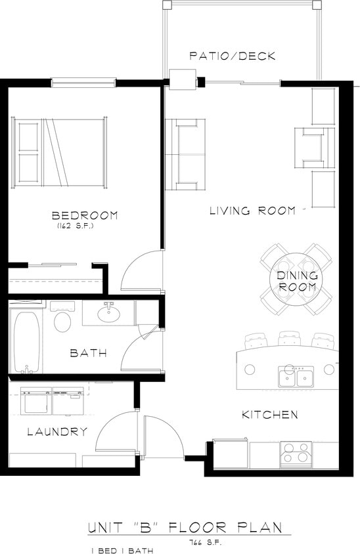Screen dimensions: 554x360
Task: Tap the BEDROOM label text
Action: point(85,215)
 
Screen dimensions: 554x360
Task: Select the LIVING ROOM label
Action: point(252,211)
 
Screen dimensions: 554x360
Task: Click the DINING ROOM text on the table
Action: point(297,282)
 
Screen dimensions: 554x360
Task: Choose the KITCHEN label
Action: point(270,415)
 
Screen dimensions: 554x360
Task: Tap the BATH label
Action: point(89,353)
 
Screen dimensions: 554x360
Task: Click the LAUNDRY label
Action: point(57,431)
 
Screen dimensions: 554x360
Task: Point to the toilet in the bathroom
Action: point(62,322)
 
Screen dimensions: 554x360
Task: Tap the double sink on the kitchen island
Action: point(294,377)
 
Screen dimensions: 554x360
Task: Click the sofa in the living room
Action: point(186,152)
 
